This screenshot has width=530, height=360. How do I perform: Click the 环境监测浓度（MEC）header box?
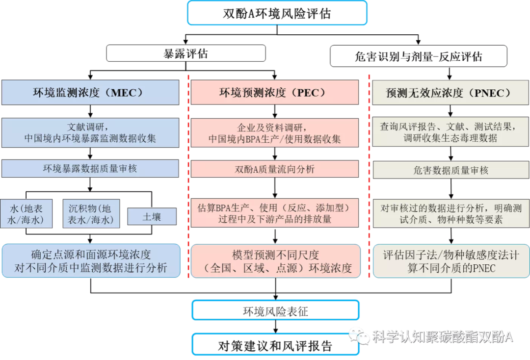pyautogui.click(x=90, y=92)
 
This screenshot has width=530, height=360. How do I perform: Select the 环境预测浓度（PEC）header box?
pyautogui.click(x=274, y=92)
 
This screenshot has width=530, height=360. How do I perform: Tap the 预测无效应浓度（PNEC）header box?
pyautogui.click(x=450, y=92)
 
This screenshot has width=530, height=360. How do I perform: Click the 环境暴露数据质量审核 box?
pyautogui.click(x=90, y=169)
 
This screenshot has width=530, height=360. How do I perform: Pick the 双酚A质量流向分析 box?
pyautogui.click(x=274, y=169)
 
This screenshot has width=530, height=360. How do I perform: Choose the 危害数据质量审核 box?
pyautogui.click(x=450, y=170)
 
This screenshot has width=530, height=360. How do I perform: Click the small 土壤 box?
pyautogui.click(x=152, y=216)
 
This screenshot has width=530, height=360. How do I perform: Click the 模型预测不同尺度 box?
pyautogui.click(x=274, y=261)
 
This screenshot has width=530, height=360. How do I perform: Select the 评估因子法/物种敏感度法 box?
pyautogui.click(x=450, y=261)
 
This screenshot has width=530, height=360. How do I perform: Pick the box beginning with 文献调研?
pyautogui.click(x=90, y=132)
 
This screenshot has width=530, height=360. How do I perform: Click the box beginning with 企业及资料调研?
pyautogui.click(x=274, y=132)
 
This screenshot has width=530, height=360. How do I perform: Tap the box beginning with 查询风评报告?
pyautogui.click(x=450, y=132)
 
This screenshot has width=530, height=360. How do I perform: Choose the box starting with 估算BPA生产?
pyautogui.click(x=274, y=213)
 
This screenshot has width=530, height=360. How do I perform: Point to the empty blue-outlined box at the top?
pyautogui.click(x=277, y=13)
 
